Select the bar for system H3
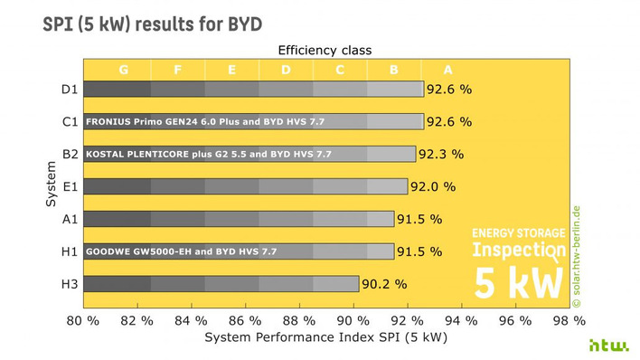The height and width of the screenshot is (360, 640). coord(221,283)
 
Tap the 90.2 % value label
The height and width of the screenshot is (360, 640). coord(385,283)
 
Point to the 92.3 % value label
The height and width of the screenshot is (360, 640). coord(442,154)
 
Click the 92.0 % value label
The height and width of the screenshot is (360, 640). coord(433,186)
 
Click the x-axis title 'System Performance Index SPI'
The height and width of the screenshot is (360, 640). coord(325,337)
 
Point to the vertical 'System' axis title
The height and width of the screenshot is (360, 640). coord(51,185)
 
